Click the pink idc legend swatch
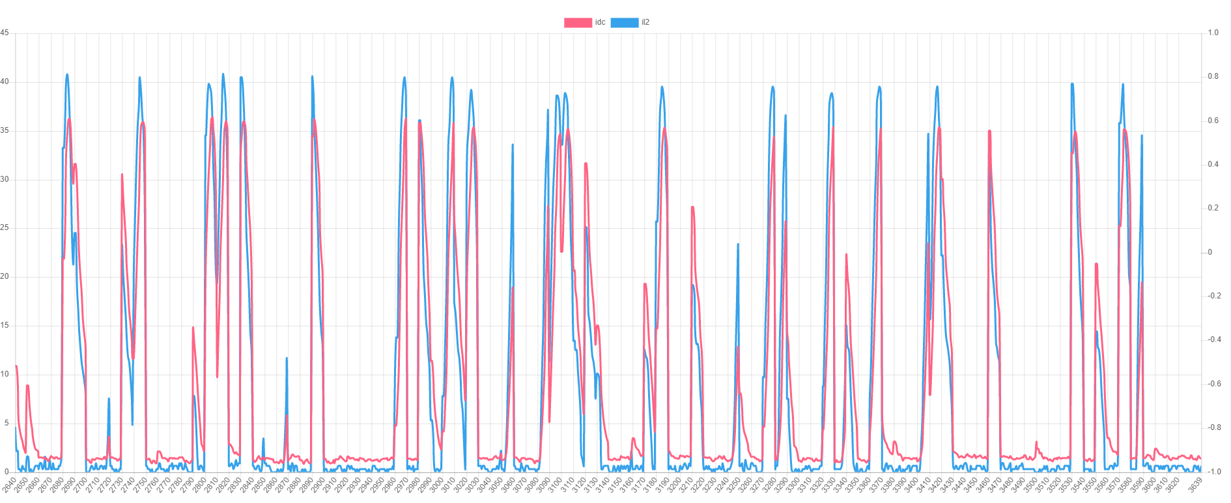[x=578, y=22]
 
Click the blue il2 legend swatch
[x=624, y=22]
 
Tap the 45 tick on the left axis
[x=5, y=33]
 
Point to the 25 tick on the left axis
[x=5, y=228]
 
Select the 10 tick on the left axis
[x=5, y=374]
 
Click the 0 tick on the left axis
[x=6, y=472]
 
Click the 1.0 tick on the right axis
[x=1213, y=33]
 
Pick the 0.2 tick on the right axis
[x=1213, y=208]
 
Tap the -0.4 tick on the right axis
[x=1213, y=340]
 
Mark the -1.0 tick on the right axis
[x=1213, y=472]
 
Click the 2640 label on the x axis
[x=9, y=485]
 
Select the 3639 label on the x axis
[x=1195, y=485]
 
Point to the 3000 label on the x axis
[x=436, y=485]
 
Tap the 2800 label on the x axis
[x=199, y=485]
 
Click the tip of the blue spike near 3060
[x=513, y=145]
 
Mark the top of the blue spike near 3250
[x=738, y=244]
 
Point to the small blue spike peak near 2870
[x=287, y=358]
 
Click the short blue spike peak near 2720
[x=109, y=398]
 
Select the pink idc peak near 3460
[x=989, y=131]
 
